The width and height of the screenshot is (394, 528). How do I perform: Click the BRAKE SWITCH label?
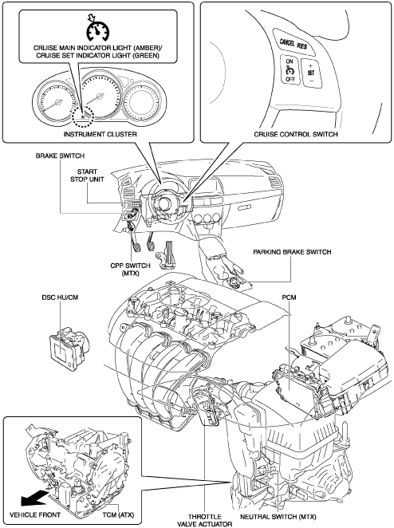pos(60,156)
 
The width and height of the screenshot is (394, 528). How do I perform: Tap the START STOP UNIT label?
pos(87,175)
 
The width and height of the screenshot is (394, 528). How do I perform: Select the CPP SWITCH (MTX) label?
pos(130,269)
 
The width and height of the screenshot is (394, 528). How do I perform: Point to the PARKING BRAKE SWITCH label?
pos(292,252)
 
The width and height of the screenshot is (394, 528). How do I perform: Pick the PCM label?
pos(290,297)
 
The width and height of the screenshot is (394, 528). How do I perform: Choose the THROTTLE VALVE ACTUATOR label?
pos(205,520)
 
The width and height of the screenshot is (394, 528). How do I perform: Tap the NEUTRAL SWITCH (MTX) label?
pos(278,517)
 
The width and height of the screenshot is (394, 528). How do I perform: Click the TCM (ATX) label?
pos(118,515)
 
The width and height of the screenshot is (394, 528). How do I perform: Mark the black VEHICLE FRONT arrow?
pos(33,498)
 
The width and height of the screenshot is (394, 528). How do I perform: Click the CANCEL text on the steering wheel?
pos(287,42)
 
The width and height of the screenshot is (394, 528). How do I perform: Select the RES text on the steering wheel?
pos(302,45)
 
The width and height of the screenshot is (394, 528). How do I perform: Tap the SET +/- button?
pos(311,73)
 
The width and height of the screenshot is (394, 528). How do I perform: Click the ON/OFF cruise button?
pos(290,70)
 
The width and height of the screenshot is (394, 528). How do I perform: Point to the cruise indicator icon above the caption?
pos(97,29)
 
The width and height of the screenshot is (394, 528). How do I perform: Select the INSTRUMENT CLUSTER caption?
pos(100,134)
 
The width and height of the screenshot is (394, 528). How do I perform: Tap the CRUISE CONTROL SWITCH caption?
pos(296,134)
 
